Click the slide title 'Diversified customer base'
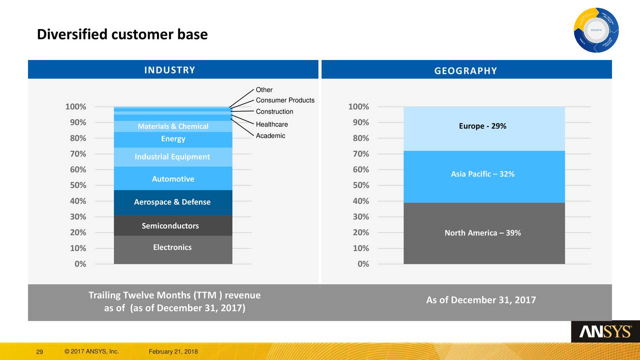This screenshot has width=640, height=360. (x=122, y=34)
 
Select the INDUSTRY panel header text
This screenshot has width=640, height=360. (x=170, y=70)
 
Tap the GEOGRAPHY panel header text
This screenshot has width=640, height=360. (x=465, y=71)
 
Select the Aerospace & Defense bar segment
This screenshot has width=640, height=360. (x=172, y=202)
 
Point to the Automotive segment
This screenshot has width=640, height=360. (x=172, y=179)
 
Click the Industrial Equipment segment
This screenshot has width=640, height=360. (x=172, y=157)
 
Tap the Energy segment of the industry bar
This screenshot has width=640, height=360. (x=172, y=139)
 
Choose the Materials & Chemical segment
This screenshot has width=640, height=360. (x=172, y=126)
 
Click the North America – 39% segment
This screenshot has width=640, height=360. (x=482, y=233)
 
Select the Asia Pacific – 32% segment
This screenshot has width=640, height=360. (x=482, y=174)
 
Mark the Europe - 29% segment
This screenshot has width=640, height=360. (x=482, y=126)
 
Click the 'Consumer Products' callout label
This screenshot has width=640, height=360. (x=285, y=100)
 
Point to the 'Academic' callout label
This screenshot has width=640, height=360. (x=270, y=136)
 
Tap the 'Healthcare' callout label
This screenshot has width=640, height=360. (x=272, y=124)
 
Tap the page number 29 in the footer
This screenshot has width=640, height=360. (x=39, y=353)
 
